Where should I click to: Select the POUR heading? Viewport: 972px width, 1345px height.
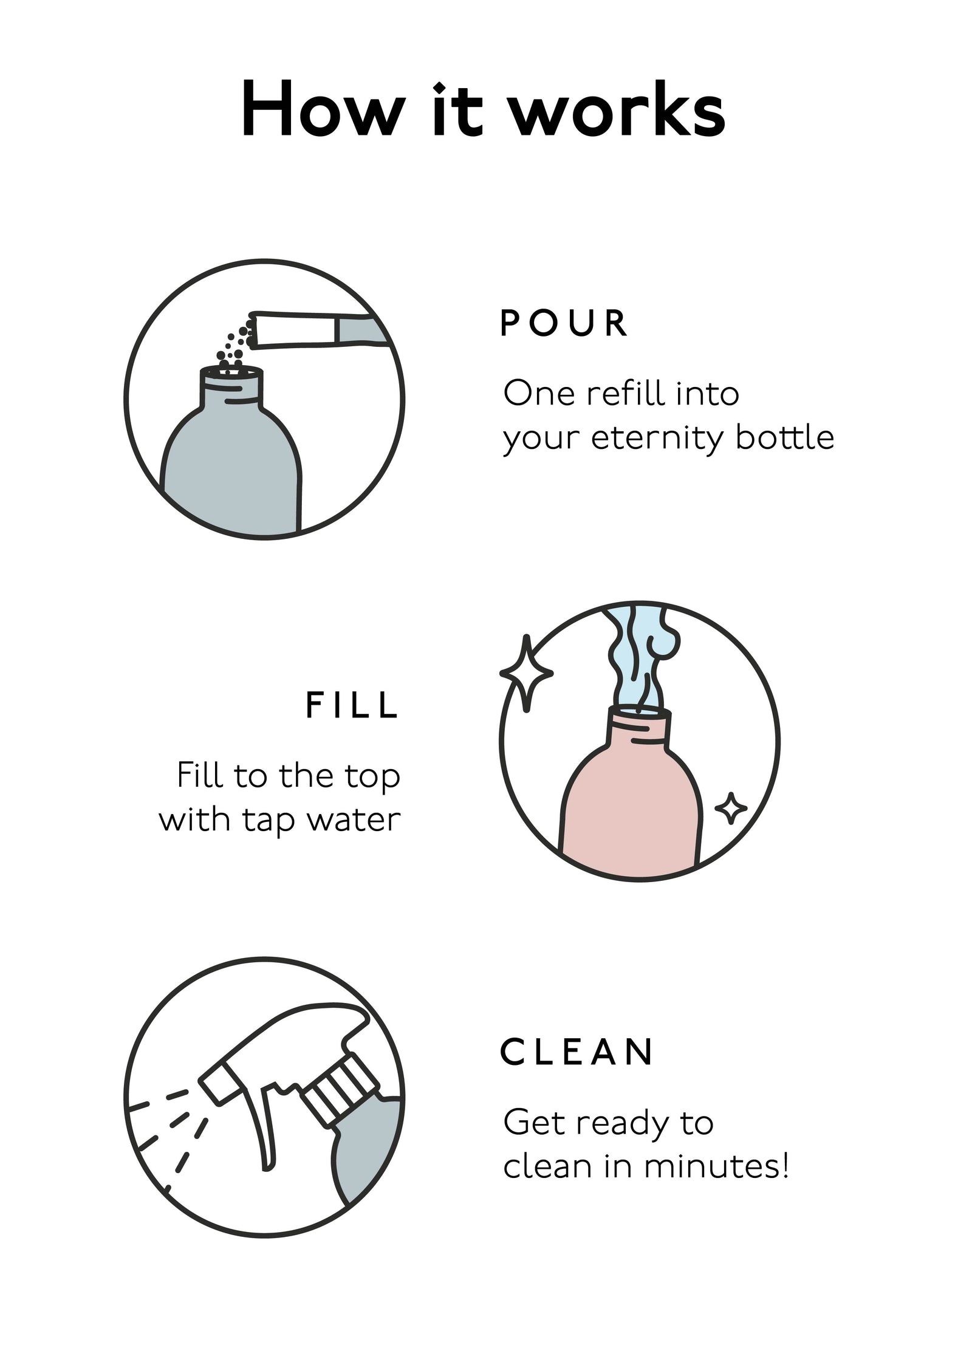(x=563, y=323)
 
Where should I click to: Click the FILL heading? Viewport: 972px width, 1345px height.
(x=352, y=706)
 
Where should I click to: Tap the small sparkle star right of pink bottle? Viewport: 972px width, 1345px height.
(x=730, y=809)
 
